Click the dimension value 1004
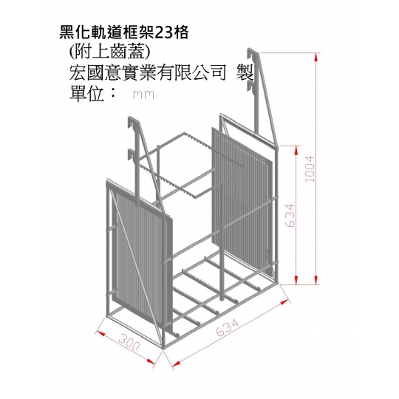(310, 169)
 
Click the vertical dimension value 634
(290, 215)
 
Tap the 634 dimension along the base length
(228, 327)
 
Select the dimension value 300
(129, 342)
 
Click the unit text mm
(143, 95)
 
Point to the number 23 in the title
(163, 33)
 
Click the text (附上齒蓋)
(109, 52)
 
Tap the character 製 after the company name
(245, 72)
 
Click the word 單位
(86, 94)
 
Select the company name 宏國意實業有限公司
(148, 72)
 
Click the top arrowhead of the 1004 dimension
(316, 57)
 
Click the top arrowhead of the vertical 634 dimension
(296, 150)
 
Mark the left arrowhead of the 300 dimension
(100, 333)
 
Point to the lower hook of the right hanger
(251, 86)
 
